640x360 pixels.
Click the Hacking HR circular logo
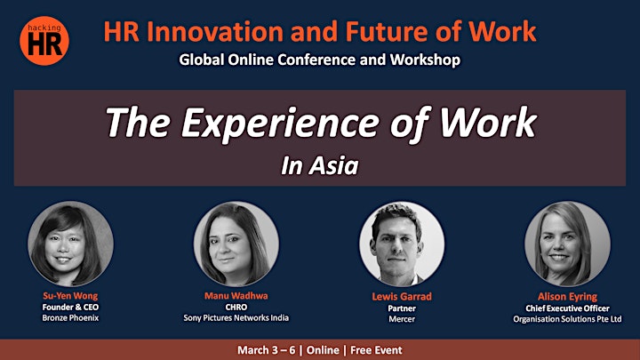[44, 40]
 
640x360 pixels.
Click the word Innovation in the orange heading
[215, 31]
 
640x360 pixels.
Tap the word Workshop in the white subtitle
[425, 60]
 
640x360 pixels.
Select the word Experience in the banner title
[280, 124]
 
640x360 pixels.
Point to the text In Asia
[320, 165]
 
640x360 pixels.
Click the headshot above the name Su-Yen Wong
[70, 244]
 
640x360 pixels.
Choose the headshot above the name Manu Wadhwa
[236, 244]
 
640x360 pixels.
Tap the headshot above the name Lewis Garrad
[402, 244]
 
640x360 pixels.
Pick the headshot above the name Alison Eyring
[567, 244]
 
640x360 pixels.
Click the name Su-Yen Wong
[70, 296]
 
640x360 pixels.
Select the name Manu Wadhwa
[236, 296]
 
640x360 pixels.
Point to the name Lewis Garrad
[402, 297]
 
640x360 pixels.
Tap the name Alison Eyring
[567, 297]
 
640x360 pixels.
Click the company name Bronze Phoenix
[70, 317]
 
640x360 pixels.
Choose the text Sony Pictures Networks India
[236, 317]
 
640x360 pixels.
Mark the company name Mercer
[402, 319]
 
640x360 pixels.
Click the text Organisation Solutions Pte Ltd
[567, 319]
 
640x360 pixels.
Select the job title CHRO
[236, 307]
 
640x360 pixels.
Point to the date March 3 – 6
[266, 350]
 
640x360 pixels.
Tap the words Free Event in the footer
[376, 350]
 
